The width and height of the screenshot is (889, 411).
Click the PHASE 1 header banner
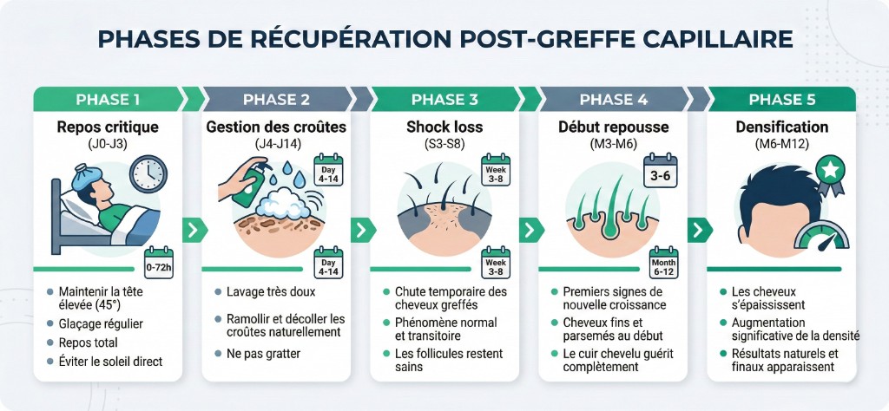[108, 99]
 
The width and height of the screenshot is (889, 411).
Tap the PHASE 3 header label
[444, 99]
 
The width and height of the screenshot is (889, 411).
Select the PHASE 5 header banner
[780, 99]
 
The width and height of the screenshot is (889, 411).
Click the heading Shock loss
[444, 127]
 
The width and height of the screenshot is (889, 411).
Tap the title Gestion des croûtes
[276, 127]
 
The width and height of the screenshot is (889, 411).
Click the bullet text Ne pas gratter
[262, 354]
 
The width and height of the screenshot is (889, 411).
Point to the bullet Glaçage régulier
[101, 323]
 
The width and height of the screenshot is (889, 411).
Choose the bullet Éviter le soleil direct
[110, 361]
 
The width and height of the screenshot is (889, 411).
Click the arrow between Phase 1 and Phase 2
[193, 231]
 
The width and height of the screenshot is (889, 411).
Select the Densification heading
[780, 127]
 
